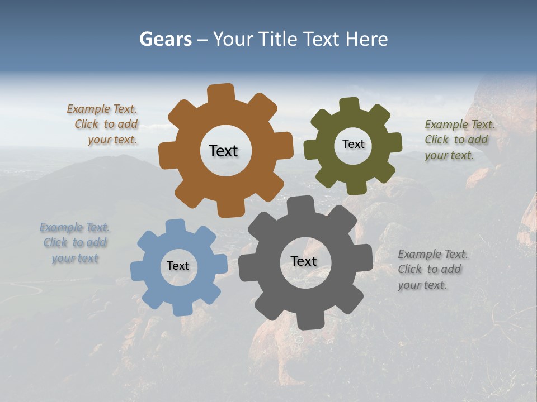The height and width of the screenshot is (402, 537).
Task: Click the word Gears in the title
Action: click(165, 39)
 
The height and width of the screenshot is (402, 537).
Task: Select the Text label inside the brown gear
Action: click(223, 151)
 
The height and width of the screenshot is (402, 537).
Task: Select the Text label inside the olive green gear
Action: click(353, 144)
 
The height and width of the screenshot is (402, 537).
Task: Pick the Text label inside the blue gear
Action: click(178, 266)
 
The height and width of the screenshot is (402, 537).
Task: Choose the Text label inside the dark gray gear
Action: click(304, 261)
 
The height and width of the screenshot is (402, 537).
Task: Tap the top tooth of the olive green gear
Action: click(349, 105)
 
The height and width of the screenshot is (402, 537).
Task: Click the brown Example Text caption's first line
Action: click(102, 109)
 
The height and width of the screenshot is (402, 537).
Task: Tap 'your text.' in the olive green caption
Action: click(449, 155)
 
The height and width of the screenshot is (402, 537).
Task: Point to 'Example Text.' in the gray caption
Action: click(433, 255)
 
